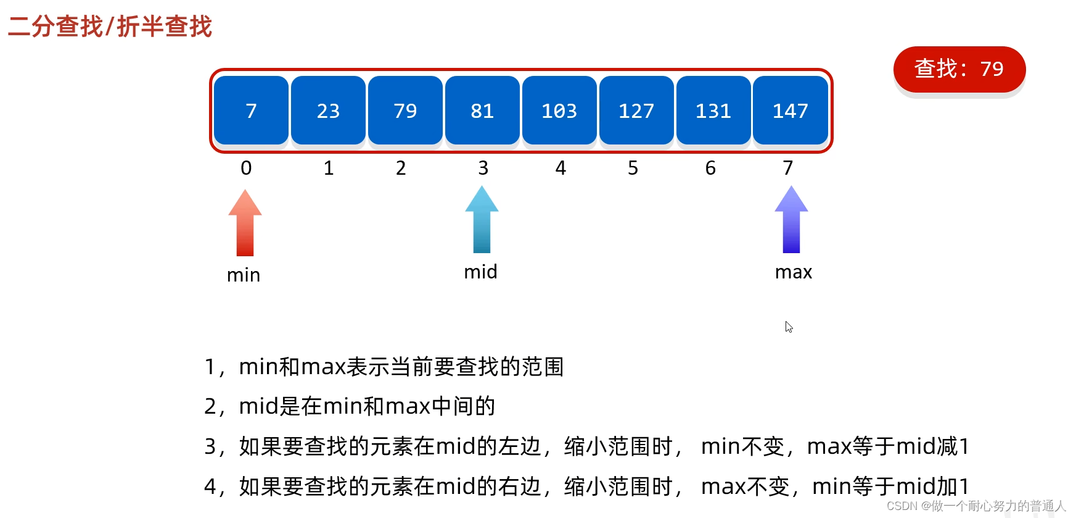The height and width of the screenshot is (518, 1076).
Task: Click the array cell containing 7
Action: tap(251, 111)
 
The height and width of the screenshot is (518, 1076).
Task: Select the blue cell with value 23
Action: tap(328, 111)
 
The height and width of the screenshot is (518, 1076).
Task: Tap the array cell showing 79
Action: tap(405, 111)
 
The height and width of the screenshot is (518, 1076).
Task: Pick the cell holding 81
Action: tap(482, 111)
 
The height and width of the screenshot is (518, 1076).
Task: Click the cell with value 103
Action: tap(559, 111)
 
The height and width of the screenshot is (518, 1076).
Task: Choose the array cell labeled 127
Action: tap(636, 111)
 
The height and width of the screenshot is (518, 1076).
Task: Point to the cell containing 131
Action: tap(713, 111)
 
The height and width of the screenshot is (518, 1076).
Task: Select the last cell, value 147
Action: tap(791, 111)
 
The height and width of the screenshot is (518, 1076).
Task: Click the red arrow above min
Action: tap(245, 223)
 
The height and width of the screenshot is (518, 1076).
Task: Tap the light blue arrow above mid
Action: tap(482, 220)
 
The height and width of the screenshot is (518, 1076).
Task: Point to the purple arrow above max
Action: tap(791, 220)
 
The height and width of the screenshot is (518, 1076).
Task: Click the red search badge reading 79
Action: tap(959, 69)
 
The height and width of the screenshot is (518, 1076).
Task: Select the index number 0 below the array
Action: tap(246, 168)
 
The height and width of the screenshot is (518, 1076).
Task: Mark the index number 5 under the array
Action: tap(633, 168)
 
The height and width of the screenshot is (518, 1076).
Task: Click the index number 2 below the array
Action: tap(401, 168)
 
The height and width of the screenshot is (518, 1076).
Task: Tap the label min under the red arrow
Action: tap(244, 275)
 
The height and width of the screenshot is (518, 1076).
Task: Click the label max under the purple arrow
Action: tap(794, 272)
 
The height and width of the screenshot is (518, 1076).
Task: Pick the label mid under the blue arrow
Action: tap(480, 271)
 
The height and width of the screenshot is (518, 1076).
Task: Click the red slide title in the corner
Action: tap(110, 27)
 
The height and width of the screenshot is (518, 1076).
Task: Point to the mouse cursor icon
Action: tap(789, 327)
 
